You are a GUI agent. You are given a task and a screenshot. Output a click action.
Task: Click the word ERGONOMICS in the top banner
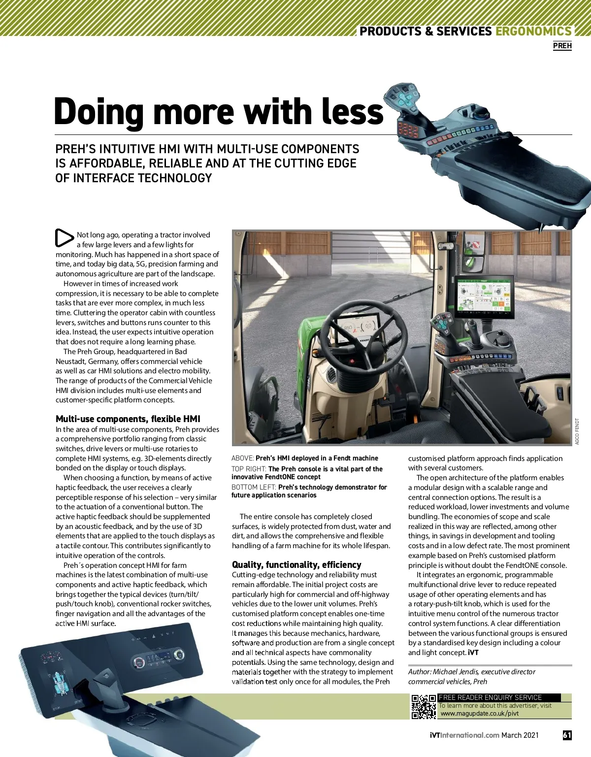coord(533,31)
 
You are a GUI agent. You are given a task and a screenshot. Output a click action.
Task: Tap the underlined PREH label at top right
coord(562,46)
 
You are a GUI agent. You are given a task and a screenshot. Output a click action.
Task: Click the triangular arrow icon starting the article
coord(64,238)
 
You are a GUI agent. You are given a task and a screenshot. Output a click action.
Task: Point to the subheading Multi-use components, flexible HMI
coord(128,419)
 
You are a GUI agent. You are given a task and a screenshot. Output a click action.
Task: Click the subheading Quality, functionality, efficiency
coord(296,564)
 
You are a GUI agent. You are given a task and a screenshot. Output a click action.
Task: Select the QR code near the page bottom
coord(424,706)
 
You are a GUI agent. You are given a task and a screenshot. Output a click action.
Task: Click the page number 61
coord(567,735)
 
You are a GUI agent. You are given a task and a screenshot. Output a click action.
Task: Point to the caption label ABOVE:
coord(243,458)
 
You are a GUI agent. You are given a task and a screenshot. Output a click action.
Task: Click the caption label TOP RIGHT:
coord(249,469)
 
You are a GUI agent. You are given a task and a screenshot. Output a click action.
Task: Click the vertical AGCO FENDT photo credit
coord(577,431)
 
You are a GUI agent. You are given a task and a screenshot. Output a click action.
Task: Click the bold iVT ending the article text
coord(473,653)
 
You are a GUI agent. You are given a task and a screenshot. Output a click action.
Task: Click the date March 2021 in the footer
coord(520,735)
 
